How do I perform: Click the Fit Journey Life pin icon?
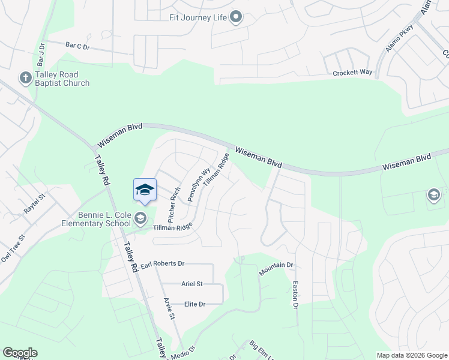tap(237, 17)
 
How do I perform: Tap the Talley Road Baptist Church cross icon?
tap(25, 77)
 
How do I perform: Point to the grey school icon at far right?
tap(433, 195)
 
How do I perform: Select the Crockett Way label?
tap(353, 73)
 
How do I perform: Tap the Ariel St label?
tap(192, 284)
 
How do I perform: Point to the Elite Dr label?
tap(194, 304)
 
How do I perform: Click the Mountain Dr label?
tap(276, 269)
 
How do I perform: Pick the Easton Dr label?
tap(295, 295)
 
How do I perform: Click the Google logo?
tap(20, 353)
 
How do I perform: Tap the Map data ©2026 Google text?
tap(411, 355)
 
